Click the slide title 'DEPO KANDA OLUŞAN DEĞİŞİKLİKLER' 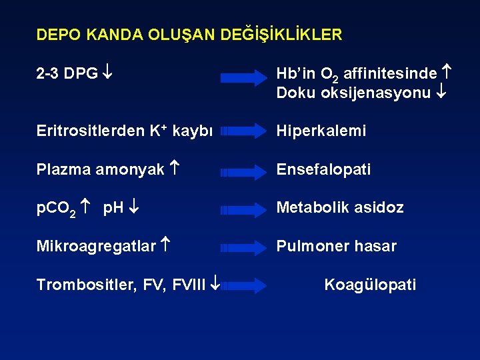(189, 35)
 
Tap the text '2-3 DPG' (67, 73)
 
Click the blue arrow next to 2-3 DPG (243, 78)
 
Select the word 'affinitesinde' (390, 73)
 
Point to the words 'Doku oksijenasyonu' (353, 93)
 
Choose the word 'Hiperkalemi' (321, 131)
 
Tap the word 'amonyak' (131, 169)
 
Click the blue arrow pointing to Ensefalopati (243, 172)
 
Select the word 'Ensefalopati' (323, 169)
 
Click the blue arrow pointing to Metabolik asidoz (243, 210)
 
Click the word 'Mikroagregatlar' (96, 246)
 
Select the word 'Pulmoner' (307, 246)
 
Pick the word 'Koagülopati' (370, 285)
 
